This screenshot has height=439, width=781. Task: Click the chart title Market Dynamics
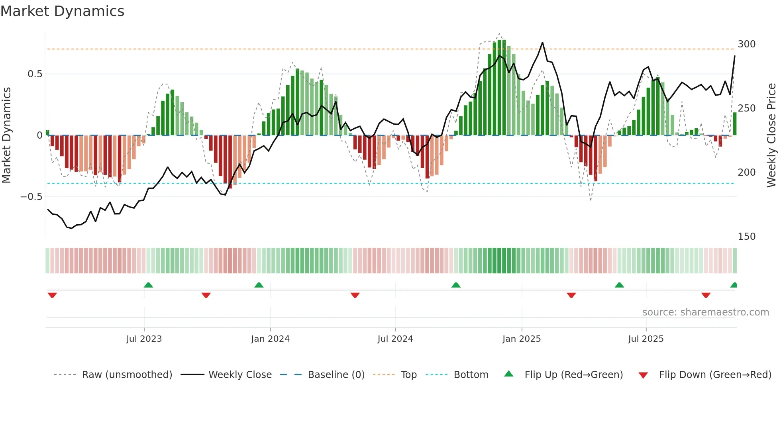point(62,11)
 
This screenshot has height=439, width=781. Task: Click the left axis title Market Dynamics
point(6,135)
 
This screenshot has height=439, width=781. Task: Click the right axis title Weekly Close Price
point(772,135)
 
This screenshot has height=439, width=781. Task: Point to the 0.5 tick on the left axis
point(35,74)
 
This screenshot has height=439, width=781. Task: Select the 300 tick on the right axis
point(746,44)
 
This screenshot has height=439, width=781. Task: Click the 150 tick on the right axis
point(746,237)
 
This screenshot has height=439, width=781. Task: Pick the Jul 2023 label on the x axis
point(144,339)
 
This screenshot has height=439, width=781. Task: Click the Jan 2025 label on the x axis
point(521,339)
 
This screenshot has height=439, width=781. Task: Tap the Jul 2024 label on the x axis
point(395,339)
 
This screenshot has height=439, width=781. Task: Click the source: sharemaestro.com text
point(705,312)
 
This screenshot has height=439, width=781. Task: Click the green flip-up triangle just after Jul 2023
point(148,285)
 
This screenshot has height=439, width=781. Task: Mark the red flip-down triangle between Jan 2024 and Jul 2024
point(355,295)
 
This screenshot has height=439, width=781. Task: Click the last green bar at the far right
point(735,124)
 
